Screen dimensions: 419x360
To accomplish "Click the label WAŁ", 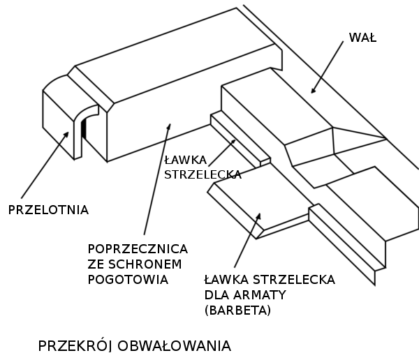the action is pyautogui.click(x=362, y=38).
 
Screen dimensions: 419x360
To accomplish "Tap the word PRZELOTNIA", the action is pyautogui.click(x=48, y=210).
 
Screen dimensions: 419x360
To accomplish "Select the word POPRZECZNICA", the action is pyautogui.click(x=138, y=249).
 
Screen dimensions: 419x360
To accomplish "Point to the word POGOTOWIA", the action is pyautogui.click(x=128, y=280).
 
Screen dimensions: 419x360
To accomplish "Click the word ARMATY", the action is pyautogui.click(x=260, y=295).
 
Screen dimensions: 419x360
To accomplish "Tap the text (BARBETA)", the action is pyautogui.click(x=237, y=310).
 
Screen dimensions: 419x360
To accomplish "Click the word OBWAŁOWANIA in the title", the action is pyautogui.click(x=174, y=346).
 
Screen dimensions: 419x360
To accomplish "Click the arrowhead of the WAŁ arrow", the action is pyautogui.click(x=313, y=90).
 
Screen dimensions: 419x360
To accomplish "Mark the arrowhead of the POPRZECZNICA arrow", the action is pyautogui.click(x=169, y=126).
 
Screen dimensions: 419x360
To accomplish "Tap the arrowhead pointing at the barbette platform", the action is pyautogui.click(x=258, y=216).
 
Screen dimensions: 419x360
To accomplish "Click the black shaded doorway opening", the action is pyautogui.click(x=84, y=128).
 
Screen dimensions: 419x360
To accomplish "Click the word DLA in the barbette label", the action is pyautogui.click(x=216, y=295).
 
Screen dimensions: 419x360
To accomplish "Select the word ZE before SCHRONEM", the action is pyautogui.click(x=96, y=264).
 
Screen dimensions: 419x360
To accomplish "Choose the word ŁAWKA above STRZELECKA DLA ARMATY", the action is pyautogui.click(x=226, y=280).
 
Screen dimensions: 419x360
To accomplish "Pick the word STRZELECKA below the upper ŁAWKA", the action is pyautogui.click(x=203, y=174).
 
